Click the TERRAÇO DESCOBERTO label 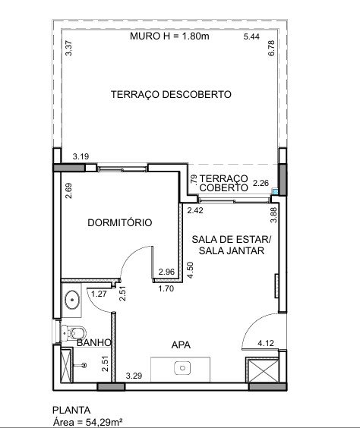point(171,94)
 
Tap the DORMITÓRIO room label point(120,223)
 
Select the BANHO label point(94,343)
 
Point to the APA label point(181,345)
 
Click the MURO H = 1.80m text point(169,36)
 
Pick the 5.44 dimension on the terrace point(251,36)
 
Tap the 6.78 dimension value point(271,49)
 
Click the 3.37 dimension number point(69,48)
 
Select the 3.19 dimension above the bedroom point(81,156)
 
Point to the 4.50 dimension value point(191,270)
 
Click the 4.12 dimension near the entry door point(266,343)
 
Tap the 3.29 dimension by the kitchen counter point(134,376)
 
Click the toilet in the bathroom point(73,333)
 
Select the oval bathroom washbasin point(72,300)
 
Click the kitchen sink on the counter point(182,368)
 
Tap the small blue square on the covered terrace point(275,191)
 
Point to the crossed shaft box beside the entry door point(263,370)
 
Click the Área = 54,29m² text point(87,422)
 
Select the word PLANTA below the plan point(71,411)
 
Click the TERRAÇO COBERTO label point(224,183)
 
